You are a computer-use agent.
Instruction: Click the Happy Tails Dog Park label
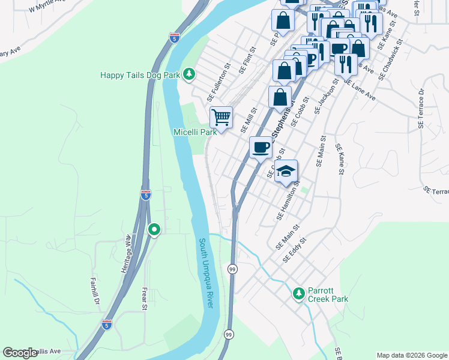tap(140, 75)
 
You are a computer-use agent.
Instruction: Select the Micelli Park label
tap(194, 132)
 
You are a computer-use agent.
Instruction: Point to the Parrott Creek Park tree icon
tap(298, 293)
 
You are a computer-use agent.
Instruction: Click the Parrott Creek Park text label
tap(328, 294)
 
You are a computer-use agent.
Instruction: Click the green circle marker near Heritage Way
tap(154, 229)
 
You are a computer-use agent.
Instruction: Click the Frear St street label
tap(144, 298)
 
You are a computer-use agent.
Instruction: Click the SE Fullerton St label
tap(219, 82)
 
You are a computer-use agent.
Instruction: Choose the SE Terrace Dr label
tap(421, 108)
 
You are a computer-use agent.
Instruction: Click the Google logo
tap(20, 353)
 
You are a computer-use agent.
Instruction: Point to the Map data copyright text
tap(412, 355)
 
